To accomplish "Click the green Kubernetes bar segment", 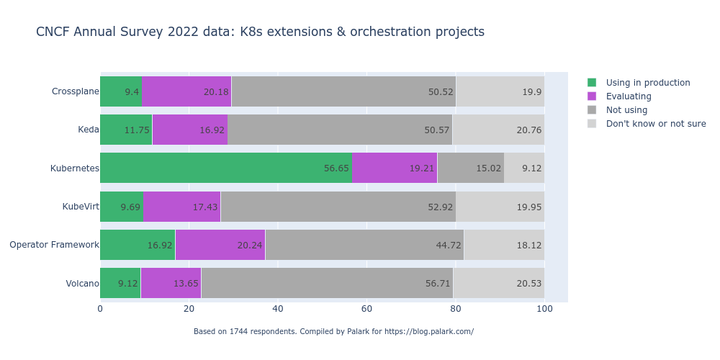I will (x=226, y=168).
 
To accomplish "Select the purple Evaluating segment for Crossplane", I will (x=186, y=91).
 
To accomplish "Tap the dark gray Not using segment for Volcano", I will (x=327, y=283).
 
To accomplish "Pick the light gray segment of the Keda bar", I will (x=498, y=130).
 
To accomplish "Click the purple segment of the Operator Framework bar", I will (x=220, y=245).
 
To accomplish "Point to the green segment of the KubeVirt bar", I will (x=122, y=207).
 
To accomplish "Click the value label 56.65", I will (x=336, y=168).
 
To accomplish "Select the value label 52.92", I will (x=441, y=207).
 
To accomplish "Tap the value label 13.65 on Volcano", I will (x=186, y=284).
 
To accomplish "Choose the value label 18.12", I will (x=529, y=246).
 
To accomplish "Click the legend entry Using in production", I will (x=648, y=83).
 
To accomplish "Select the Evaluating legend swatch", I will (x=592, y=96).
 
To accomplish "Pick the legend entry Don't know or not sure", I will (x=656, y=124).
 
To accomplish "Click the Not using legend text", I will (x=626, y=110).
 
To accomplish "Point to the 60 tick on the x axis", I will (x=366, y=309).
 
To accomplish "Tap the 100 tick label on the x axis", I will (x=544, y=309).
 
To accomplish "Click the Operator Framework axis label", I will (x=54, y=245).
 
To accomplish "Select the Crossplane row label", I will (x=75, y=91).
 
